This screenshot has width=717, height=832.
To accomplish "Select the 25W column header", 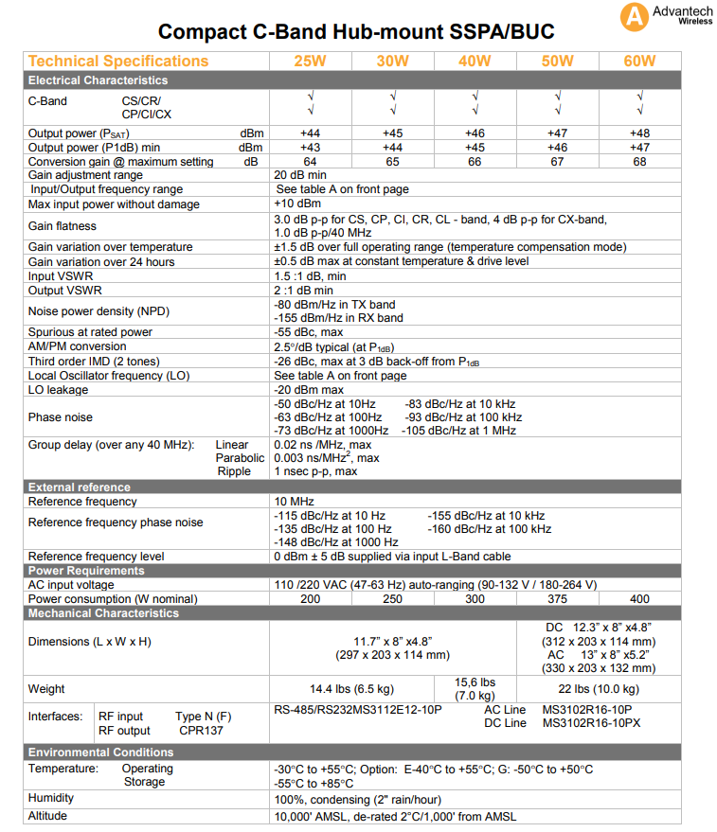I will tap(311, 62).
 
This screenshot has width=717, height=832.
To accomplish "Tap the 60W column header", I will tap(639, 62).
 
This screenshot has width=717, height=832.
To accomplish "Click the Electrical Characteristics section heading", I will tap(98, 80).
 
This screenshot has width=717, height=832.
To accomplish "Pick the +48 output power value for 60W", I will tap(639, 133).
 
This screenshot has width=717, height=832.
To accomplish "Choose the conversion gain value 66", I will tap(475, 162).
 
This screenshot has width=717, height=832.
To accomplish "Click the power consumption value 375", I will tap(557, 599).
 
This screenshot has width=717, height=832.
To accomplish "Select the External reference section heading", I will tap(80, 487).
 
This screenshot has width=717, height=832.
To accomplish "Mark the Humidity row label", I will tap(51, 799).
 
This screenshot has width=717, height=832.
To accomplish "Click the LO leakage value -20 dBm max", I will tap(309, 390).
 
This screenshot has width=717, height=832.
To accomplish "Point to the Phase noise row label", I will tap(62, 417).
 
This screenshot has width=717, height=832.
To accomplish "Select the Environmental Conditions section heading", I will tap(101, 752).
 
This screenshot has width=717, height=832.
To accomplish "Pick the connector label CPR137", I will tap(202, 731).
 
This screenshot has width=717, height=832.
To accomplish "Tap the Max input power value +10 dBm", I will tap(297, 204).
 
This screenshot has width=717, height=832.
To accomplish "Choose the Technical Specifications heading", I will tap(118, 62).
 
